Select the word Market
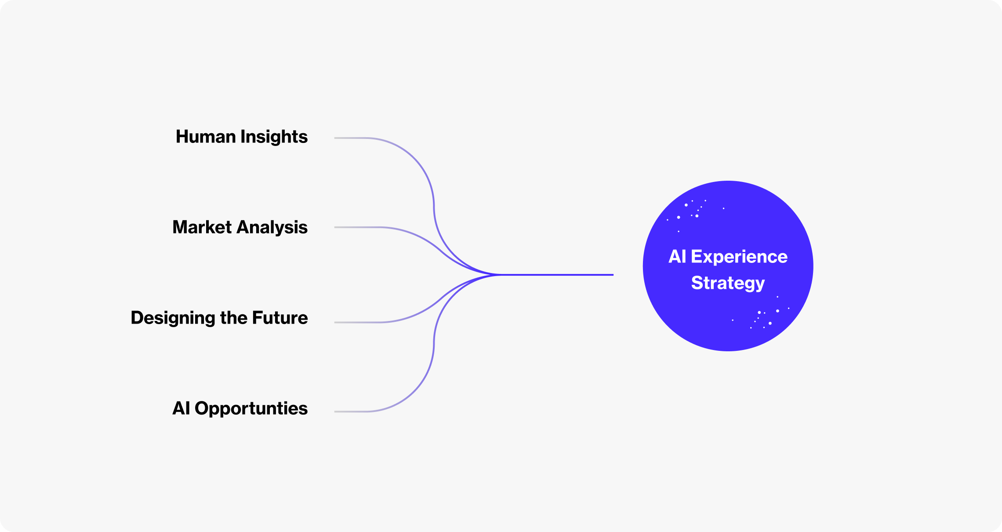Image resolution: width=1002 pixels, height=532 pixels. coord(202,227)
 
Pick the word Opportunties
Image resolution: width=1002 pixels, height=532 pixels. coord(251,409)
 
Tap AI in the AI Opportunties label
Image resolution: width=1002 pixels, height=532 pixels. coord(181,408)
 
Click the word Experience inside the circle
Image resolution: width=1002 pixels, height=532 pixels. coord(739,257)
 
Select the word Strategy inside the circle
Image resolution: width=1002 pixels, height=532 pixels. coord(728,283)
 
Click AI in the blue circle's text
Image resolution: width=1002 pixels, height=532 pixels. coord(677,257)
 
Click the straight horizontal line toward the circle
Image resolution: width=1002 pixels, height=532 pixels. coord(558,275)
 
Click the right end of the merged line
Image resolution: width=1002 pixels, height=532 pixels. coord(612,275)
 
